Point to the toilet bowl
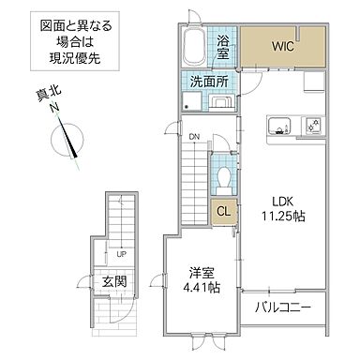224,176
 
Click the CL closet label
223,212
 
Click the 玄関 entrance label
115,281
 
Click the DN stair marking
195,138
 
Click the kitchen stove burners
314,125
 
